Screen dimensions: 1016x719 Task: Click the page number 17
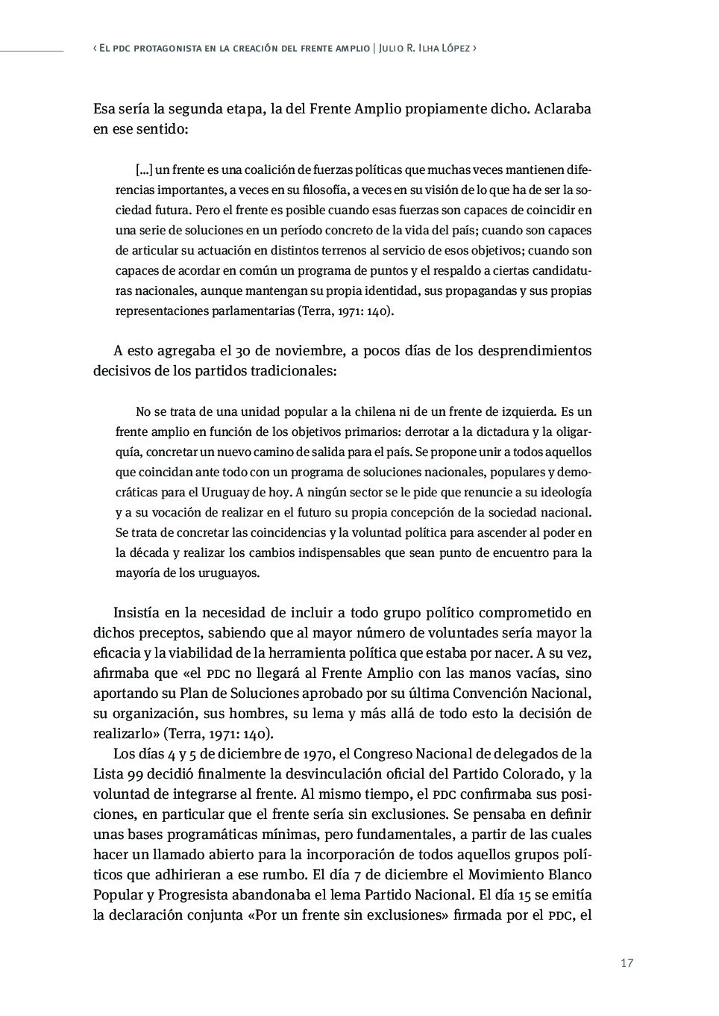click(627, 963)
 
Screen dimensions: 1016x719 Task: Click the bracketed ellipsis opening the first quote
click(144, 170)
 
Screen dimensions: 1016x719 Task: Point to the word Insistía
click(136, 613)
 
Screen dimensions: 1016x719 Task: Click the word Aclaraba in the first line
click(563, 109)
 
